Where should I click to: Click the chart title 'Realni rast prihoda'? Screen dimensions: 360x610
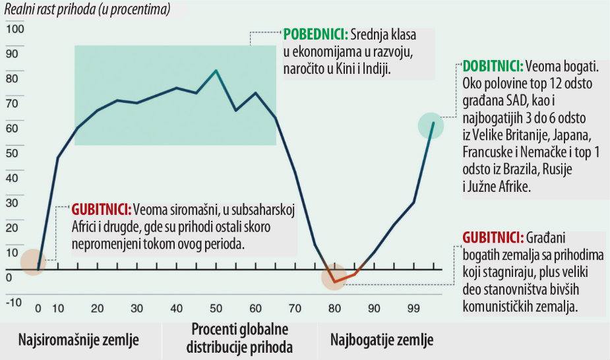86,10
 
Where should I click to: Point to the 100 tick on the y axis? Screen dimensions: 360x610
15,30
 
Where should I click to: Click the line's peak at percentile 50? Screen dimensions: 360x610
216,70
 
